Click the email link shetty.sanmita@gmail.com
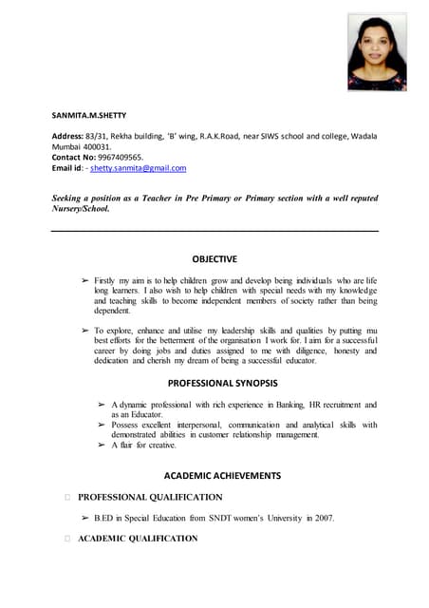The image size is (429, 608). [139, 167]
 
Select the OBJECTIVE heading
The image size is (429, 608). [214, 258]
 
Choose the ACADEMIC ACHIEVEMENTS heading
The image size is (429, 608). [214, 474]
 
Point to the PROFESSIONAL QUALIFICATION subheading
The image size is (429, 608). [150, 497]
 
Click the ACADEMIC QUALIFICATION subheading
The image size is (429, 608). [138, 539]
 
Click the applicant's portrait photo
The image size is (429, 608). [377, 53]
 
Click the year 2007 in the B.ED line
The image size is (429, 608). [325, 518]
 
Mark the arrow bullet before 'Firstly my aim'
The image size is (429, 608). [84, 281]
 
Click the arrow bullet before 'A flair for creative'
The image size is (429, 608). [102, 445]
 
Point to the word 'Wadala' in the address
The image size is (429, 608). [363, 137]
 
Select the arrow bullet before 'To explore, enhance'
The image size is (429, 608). [84, 329]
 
